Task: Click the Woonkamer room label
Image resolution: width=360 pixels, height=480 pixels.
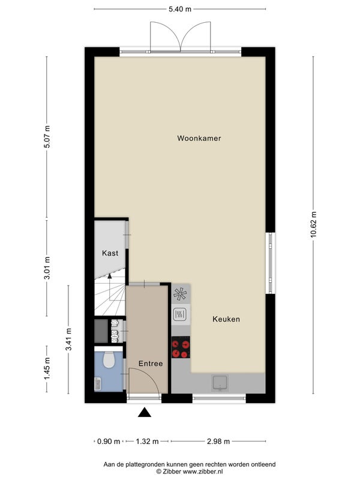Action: (x=199, y=139)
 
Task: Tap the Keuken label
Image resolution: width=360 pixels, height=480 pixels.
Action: (x=226, y=319)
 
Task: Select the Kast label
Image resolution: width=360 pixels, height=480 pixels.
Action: (x=110, y=253)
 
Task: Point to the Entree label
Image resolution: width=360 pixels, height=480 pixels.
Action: (x=151, y=364)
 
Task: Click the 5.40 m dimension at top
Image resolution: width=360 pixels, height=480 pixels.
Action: (x=180, y=9)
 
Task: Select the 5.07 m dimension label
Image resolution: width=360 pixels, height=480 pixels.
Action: (x=47, y=137)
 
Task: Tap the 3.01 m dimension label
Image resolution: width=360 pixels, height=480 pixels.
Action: (x=47, y=268)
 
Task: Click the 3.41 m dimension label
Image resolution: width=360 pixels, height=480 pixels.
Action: (x=68, y=340)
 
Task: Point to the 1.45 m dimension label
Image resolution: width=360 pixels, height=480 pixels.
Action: (x=47, y=369)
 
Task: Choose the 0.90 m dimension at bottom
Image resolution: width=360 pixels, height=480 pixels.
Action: (x=109, y=442)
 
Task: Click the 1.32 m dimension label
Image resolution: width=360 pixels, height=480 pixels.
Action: (x=147, y=442)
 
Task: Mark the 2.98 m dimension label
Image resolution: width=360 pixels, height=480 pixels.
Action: (x=218, y=442)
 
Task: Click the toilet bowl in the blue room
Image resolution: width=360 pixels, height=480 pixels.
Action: (x=109, y=359)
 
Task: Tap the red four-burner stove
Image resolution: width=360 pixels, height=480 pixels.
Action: (x=181, y=347)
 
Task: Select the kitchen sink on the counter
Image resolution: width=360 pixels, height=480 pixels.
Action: (x=220, y=383)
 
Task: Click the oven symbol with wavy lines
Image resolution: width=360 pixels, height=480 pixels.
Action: (x=179, y=314)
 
